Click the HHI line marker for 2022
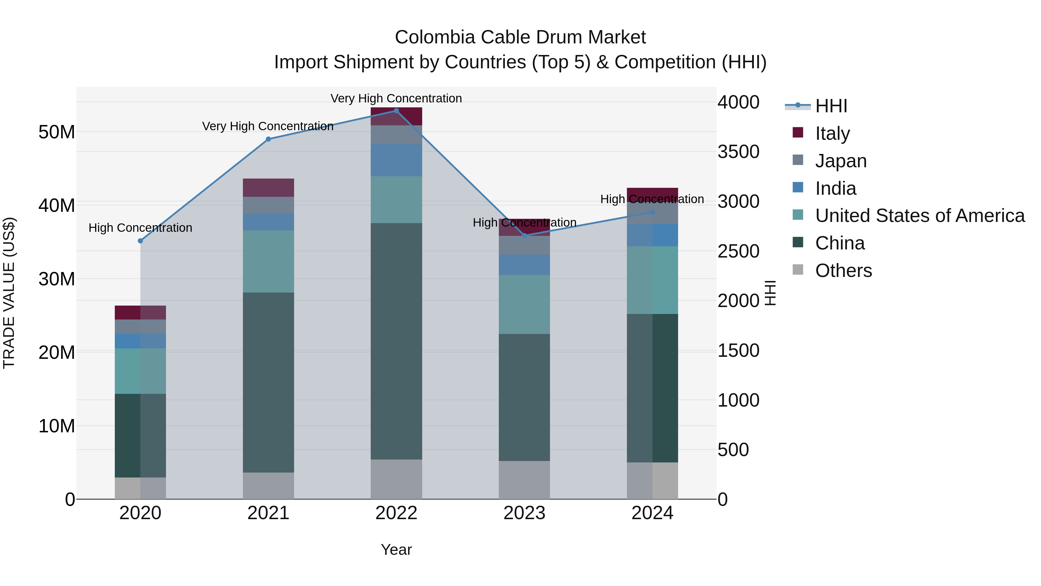396,111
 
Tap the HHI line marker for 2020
140,241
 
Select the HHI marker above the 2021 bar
268,139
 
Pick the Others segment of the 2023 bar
524,480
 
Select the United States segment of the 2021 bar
268,261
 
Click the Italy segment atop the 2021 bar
268,188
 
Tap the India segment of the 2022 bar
396,160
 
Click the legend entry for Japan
841,161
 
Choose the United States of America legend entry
919,216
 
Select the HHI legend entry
830,106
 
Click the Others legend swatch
798,270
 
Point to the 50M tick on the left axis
57,132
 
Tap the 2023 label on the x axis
524,513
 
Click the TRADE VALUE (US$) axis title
9,293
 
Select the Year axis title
396,550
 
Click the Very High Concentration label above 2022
396,98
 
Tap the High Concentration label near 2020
140,228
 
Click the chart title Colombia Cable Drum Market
520,37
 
